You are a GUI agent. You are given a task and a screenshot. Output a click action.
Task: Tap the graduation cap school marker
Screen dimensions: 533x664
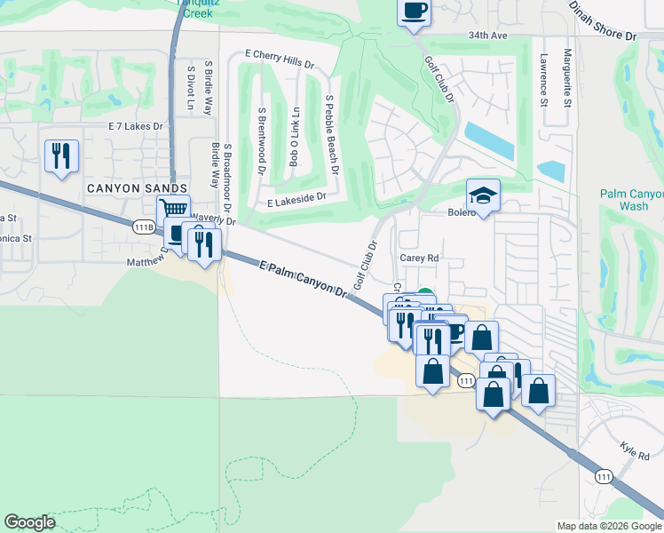(483, 195)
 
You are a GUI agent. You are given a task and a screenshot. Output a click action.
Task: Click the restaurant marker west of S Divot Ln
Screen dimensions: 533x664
(61, 156)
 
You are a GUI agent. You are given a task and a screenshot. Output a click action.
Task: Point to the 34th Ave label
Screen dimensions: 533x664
(487, 36)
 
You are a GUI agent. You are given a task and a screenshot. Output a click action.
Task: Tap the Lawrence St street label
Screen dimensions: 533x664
(542, 79)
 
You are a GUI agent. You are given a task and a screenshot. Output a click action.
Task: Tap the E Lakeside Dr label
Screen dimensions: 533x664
(290, 200)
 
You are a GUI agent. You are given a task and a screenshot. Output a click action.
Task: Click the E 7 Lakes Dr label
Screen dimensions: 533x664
(137, 126)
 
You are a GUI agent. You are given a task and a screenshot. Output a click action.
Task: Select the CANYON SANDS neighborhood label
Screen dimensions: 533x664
(137, 188)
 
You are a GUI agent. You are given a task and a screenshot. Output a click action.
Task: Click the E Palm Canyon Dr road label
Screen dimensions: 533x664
(303, 279)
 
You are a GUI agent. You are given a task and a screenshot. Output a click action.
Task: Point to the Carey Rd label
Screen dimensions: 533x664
(419, 258)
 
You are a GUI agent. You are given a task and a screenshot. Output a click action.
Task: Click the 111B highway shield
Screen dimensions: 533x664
(145, 227)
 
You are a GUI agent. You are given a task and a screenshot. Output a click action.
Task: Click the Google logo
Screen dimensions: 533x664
(29, 522)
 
